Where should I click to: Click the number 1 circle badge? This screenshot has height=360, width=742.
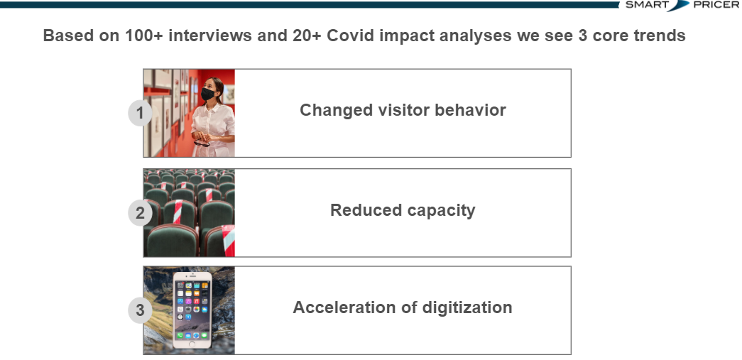pyautogui.click(x=140, y=114)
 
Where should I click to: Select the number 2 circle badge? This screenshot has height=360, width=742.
pyautogui.click(x=140, y=213)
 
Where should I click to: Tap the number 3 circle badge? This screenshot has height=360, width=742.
pyautogui.click(x=140, y=310)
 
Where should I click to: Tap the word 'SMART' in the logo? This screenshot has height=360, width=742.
pyautogui.click(x=647, y=5)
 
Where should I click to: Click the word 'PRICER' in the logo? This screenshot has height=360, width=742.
pyautogui.click(x=716, y=5)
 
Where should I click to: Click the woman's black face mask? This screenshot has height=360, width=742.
pyautogui.click(x=208, y=94)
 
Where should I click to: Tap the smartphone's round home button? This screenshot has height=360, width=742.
pyautogui.click(x=192, y=344)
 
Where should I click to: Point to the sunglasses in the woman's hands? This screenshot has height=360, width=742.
pyautogui.click(x=202, y=142)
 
